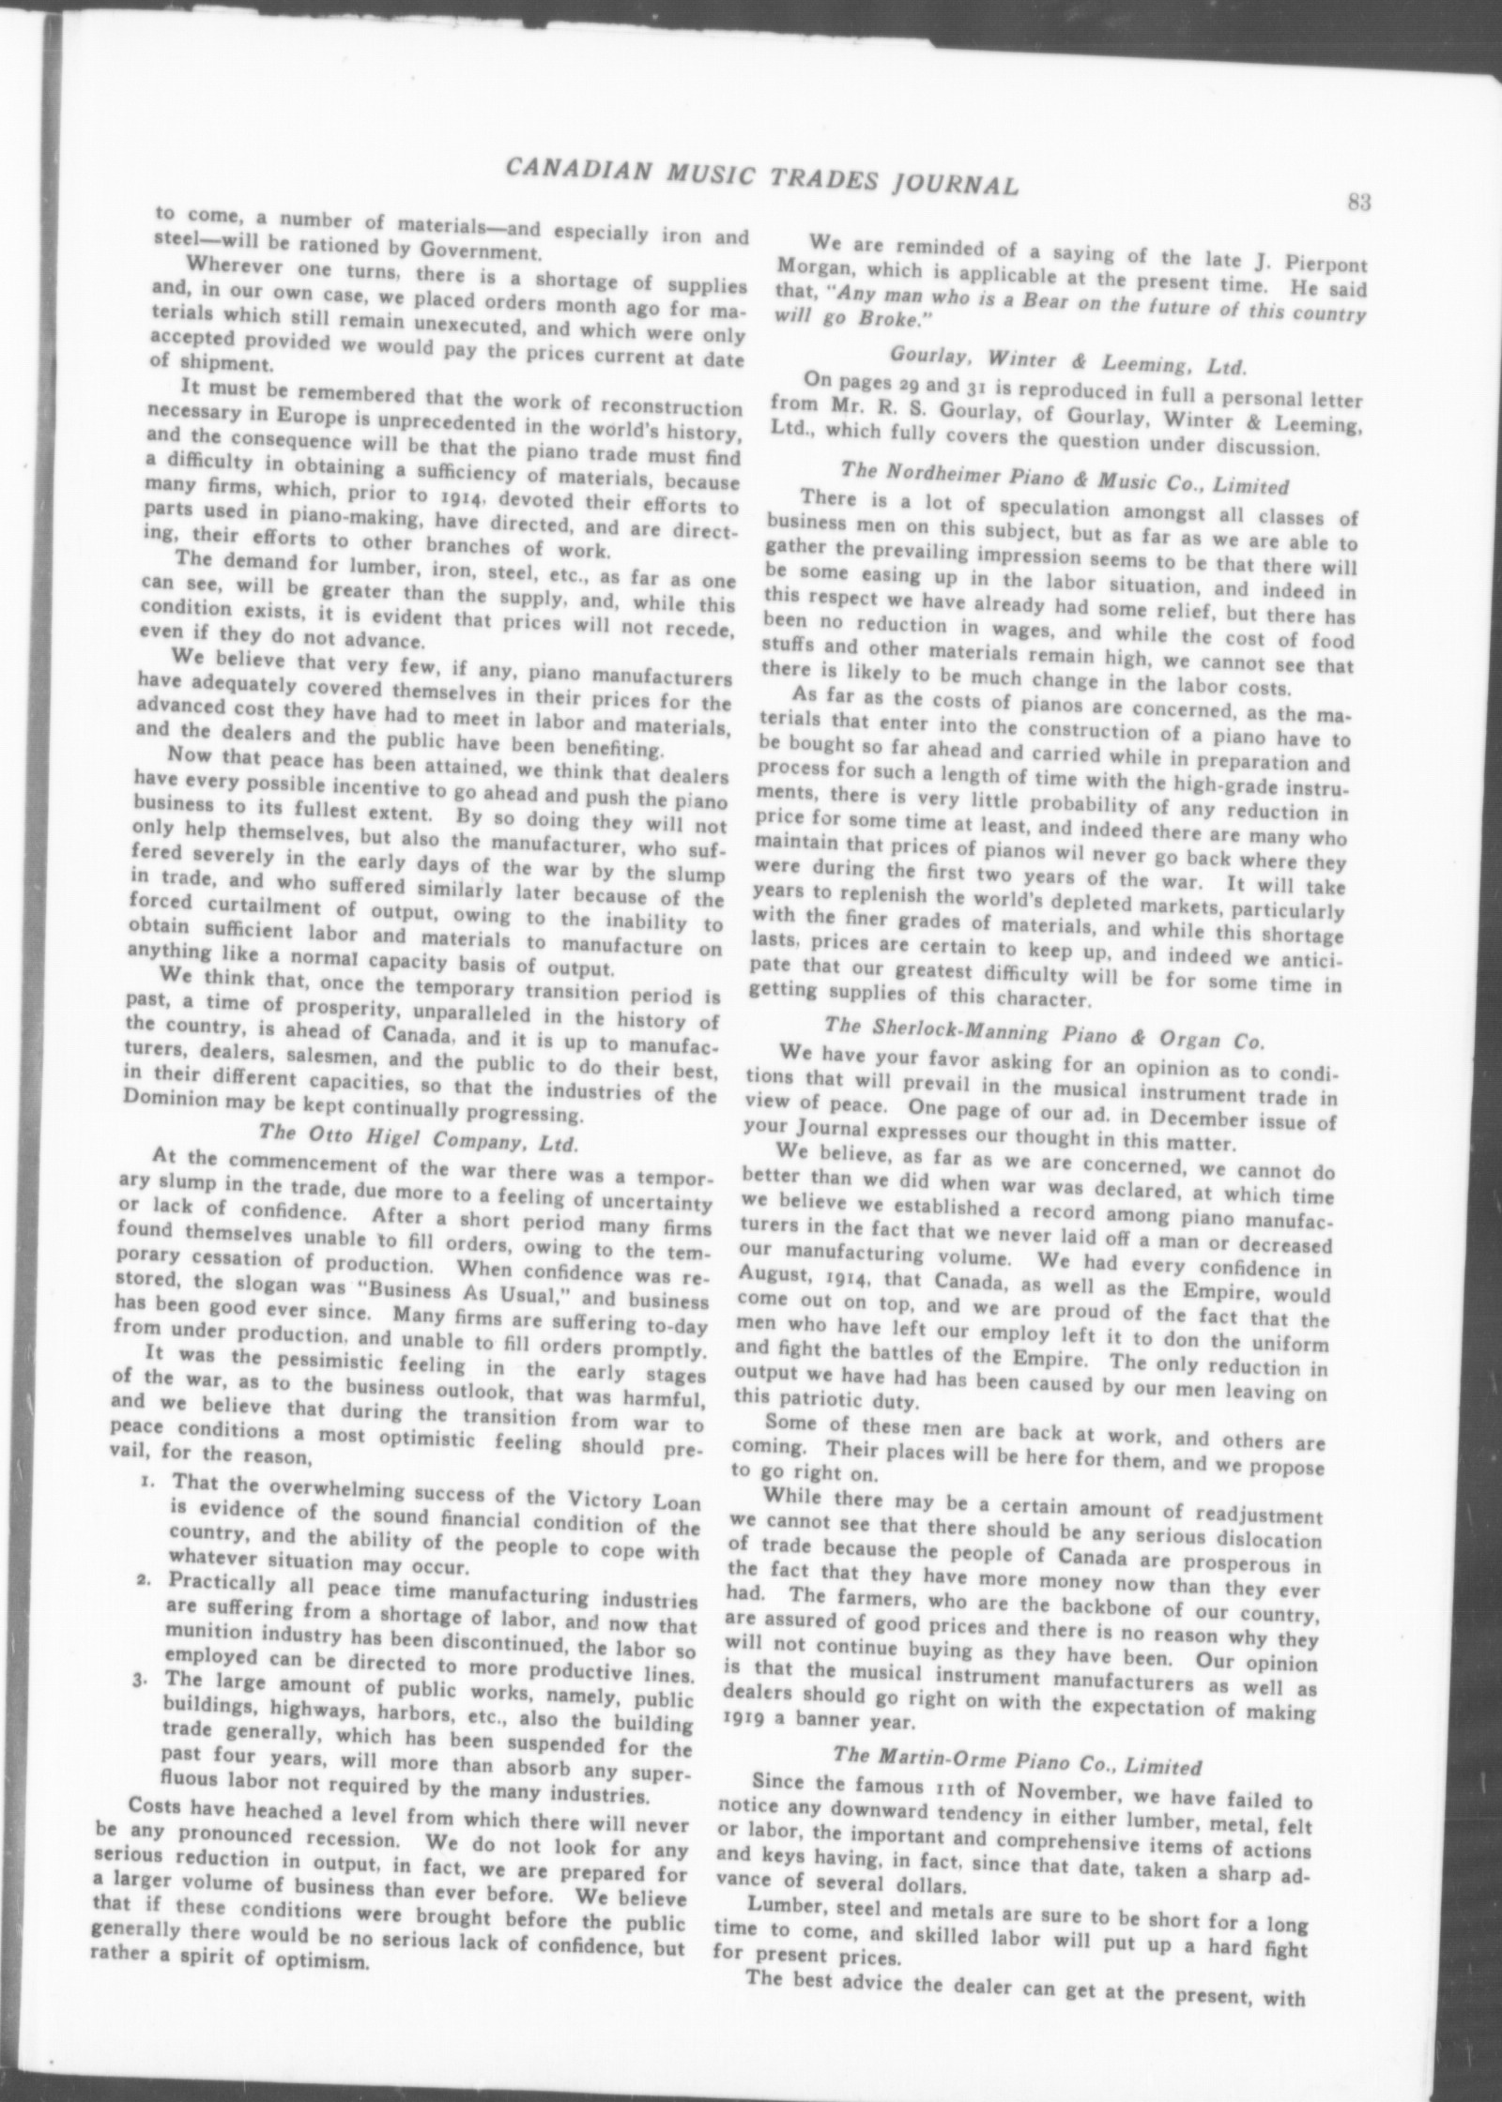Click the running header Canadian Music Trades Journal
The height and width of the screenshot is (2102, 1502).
point(761,176)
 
